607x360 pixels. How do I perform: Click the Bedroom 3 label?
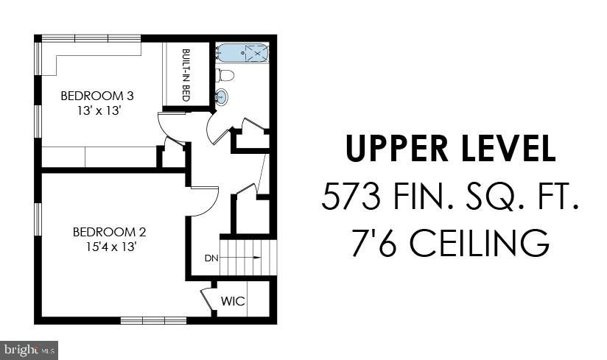tap(97, 96)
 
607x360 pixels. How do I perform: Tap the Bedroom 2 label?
tap(110, 232)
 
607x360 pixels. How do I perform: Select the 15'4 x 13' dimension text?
tap(111, 247)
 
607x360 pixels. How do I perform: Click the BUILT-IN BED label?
tap(186, 75)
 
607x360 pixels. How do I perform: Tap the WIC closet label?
tap(233, 301)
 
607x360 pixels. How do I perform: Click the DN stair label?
tap(211, 258)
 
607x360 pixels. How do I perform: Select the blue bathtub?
tap(242, 52)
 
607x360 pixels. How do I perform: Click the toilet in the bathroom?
tap(225, 75)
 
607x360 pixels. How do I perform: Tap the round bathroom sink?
tap(222, 96)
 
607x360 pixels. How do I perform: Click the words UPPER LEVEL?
tap(451, 148)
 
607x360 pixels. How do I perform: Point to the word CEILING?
tap(480, 243)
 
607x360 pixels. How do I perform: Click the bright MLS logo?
tap(29, 350)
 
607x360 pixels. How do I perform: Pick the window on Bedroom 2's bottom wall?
tap(154, 320)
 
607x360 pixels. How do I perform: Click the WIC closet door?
tap(206, 299)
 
